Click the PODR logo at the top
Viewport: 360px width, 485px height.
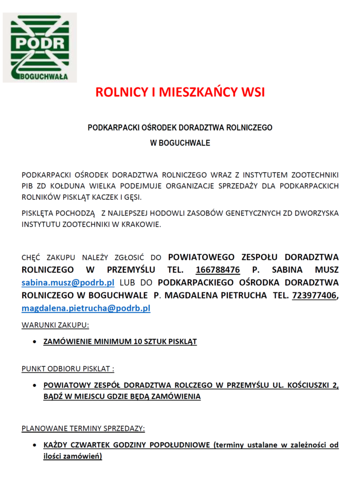point(40,47)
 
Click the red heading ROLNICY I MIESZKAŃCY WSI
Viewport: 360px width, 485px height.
point(180,92)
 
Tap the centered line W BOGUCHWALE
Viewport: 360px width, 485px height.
point(180,143)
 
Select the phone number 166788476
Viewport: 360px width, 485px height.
point(218,269)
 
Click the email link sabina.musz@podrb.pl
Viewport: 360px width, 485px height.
point(67,283)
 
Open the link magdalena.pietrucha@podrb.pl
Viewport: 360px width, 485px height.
point(86,308)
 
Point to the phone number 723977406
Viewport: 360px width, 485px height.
point(314,295)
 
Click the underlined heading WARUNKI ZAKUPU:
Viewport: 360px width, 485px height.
point(55,325)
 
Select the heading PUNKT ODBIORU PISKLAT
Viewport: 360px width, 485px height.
point(67,368)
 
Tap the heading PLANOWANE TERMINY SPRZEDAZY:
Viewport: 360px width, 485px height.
point(83,428)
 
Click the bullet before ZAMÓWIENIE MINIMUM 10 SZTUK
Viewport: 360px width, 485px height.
point(34,342)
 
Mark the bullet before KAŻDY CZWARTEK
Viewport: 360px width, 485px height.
point(34,445)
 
